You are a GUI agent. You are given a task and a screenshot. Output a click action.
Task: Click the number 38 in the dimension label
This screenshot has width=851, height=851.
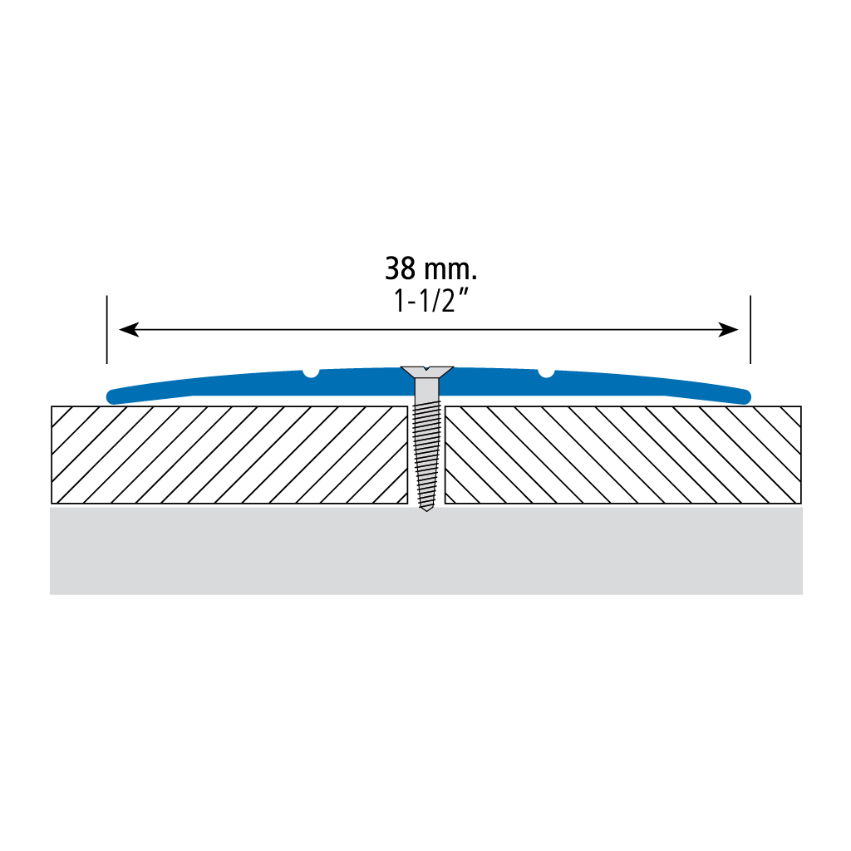(400, 268)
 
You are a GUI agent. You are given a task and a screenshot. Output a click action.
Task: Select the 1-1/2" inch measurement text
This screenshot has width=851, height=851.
(430, 301)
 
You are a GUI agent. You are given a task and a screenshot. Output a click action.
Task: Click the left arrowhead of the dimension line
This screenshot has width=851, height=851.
(129, 329)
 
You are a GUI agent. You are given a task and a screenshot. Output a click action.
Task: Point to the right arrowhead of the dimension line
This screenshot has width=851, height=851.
(728, 329)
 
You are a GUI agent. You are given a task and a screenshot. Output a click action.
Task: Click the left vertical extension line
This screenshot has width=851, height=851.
(107, 329)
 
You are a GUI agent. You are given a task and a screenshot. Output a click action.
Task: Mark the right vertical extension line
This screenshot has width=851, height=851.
(750, 329)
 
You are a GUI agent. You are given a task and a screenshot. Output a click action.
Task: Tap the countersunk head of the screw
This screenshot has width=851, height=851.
(426, 371)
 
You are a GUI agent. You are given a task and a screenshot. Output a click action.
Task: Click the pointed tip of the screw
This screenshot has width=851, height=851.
(426, 509)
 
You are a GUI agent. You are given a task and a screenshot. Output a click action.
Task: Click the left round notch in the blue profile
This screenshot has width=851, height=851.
(311, 373)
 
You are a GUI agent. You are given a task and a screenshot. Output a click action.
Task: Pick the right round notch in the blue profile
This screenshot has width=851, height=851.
(546, 373)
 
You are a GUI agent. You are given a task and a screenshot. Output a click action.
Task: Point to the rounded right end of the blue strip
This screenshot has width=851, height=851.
(744, 396)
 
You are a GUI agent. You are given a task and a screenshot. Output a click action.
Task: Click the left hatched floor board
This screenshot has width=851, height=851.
(229, 455)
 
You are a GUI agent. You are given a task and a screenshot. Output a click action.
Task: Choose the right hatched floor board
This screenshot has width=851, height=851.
(623, 455)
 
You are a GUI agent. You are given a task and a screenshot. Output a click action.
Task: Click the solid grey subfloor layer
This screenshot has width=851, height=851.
(426, 551)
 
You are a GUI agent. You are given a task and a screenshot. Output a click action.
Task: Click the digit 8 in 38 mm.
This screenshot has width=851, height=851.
(408, 268)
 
